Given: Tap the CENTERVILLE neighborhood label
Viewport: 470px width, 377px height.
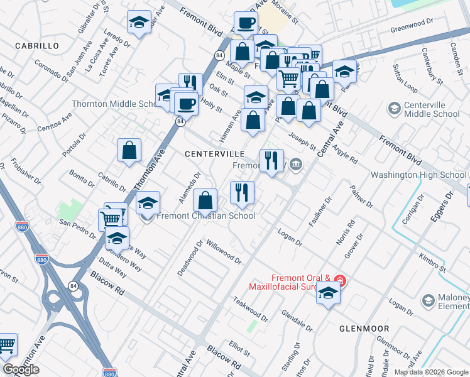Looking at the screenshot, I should pyautogui.click(x=214, y=153).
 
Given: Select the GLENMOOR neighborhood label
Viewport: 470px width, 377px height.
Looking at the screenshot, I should pyautogui.click(x=364, y=329).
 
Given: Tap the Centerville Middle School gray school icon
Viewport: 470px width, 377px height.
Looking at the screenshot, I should pyautogui.click(x=394, y=109).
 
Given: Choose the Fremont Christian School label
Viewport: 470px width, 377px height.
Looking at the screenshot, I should pyautogui.click(x=205, y=216).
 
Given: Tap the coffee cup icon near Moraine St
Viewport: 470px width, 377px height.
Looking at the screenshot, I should pyautogui.click(x=246, y=23).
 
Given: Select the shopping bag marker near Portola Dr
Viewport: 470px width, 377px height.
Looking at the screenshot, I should pyautogui.click(x=129, y=151).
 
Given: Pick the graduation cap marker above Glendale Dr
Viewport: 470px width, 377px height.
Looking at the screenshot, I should pyautogui.click(x=328, y=293).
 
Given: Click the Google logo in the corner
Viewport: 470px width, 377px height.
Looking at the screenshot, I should pyautogui.click(x=21, y=369).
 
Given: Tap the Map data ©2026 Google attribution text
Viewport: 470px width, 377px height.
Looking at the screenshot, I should pyautogui.click(x=430, y=372).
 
